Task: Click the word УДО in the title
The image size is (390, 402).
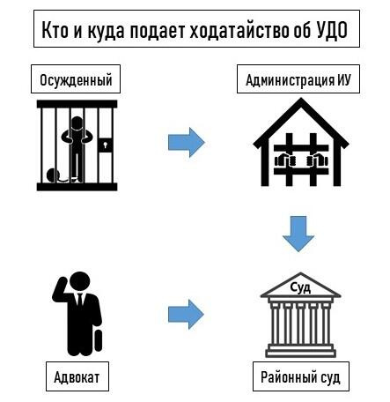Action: (x=333, y=30)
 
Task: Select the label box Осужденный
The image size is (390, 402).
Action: (x=76, y=79)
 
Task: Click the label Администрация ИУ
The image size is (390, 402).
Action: (x=298, y=79)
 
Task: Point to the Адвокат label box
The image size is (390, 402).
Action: (x=77, y=376)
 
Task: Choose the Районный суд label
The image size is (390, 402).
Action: (x=301, y=376)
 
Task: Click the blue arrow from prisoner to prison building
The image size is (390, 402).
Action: (x=187, y=142)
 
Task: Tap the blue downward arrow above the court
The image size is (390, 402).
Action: (x=298, y=234)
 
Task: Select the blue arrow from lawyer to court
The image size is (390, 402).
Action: (x=186, y=314)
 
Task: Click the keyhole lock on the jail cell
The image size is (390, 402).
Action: (x=105, y=145)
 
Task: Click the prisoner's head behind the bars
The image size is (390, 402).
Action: (x=77, y=123)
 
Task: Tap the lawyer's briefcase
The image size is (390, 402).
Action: (x=98, y=340)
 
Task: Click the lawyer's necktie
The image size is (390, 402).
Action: (x=80, y=300)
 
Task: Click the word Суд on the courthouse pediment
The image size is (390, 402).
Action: (x=300, y=287)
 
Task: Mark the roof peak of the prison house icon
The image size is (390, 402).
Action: (x=301, y=100)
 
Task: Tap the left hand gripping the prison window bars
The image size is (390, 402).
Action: (x=284, y=160)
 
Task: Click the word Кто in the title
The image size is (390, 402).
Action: (x=55, y=30)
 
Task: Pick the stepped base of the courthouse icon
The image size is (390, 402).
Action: (x=301, y=350)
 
